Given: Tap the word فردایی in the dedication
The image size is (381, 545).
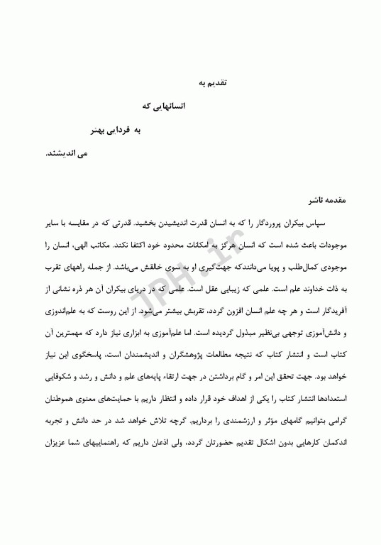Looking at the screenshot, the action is point(127,130).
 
